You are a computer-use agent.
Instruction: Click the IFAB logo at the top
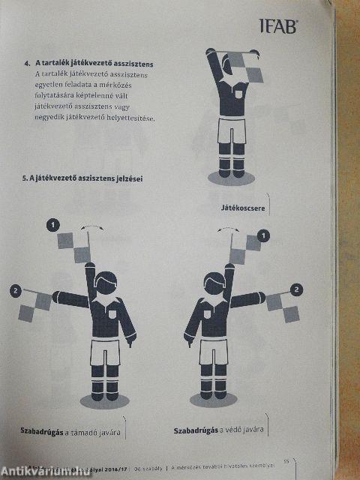coord(278,26)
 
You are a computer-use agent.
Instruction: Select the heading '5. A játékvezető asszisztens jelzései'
coord(84,178)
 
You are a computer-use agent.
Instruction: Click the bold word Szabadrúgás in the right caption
coord(198,430)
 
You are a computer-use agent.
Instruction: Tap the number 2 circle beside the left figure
coord(14,291)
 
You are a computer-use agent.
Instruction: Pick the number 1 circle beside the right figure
coord(262,235)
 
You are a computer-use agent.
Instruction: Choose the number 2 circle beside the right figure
coord(297,289)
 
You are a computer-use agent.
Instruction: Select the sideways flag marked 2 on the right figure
coord(281,304)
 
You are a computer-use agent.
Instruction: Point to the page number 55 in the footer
coord(286,461)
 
